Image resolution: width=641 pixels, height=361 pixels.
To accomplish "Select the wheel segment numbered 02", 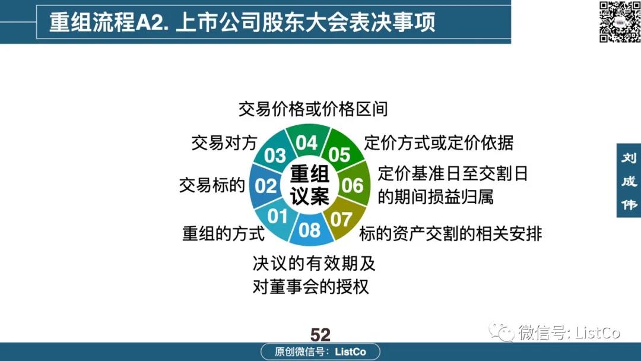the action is coord(265,186).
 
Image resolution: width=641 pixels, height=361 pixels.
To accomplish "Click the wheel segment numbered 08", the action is coord(309,230).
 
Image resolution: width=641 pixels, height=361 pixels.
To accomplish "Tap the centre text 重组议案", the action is coord(309,185).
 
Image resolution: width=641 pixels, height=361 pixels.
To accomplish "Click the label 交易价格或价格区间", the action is coord(313,109).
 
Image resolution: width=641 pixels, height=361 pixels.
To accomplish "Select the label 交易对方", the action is coord(224,143).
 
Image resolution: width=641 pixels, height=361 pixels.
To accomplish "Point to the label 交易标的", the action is coord(212,185).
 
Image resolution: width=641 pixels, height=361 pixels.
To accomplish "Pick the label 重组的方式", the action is coord(224,234).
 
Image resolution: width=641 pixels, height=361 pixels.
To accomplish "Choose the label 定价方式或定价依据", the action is coord(439,143).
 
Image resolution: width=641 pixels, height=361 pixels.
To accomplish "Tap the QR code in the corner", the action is coord(619,21).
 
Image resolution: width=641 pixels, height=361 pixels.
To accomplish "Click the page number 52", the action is coord(320,335).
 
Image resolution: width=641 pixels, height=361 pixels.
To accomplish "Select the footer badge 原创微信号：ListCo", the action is coord(320,351).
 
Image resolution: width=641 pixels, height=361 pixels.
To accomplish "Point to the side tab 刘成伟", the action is coord(629,180).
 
